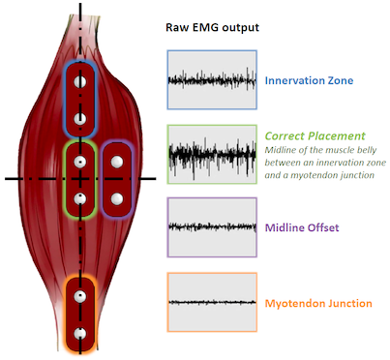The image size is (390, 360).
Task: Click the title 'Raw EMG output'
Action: click(x=212, y=27)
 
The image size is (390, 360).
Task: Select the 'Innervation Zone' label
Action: click(x=309, y=80)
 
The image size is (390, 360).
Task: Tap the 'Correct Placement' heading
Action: click(x=315, y=135)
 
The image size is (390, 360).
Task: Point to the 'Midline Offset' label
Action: click(x=302, y=227)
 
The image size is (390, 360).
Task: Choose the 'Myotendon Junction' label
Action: click(x=318, y=303)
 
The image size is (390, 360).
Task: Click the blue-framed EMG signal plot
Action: click(x=212, y=79)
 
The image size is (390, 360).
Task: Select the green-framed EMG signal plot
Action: click(x=212, y=155)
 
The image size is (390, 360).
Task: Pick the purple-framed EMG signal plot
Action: click(x=212, y=227)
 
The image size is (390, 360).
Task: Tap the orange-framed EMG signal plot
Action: click(x=212, y=302)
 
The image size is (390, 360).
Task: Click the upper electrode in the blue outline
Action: click(x=80, y=81)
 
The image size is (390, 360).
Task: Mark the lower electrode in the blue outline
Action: click(x=80, y=119)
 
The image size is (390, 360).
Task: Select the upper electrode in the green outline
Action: click(x=80, y=162)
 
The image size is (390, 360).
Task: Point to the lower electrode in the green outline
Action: click(x=80, y=198)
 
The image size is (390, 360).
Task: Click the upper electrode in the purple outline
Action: click(x=117, y=162)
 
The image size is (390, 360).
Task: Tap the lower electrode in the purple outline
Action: click(x=117, y=198)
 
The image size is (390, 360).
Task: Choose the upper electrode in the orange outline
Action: click(x=80, y=296)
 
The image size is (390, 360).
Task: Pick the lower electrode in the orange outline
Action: click(x=80, y=334)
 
